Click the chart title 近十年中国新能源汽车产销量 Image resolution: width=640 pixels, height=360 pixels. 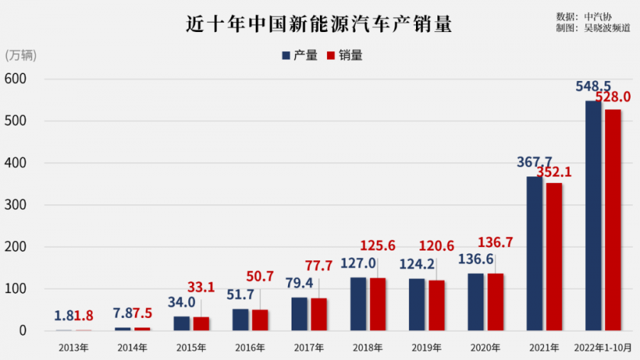coord(319,24)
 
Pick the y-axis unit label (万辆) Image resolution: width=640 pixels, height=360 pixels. coord(21,55)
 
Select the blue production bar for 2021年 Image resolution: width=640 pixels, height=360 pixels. coord(535,253)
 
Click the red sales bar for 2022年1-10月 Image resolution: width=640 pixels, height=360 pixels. coord(613,220)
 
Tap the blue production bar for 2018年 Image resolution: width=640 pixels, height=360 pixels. coord(358,304)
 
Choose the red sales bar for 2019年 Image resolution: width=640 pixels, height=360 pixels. coord(437,305)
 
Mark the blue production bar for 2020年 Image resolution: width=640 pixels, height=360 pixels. coord(476,302)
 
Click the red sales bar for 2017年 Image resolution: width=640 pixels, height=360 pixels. coord(319,314)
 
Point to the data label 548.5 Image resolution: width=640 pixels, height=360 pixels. coord(592,87)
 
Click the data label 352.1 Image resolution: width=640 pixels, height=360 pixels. coord(554,171)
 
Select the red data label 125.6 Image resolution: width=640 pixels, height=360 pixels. coord(378,245)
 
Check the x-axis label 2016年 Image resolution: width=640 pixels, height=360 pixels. coord(250,348)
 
